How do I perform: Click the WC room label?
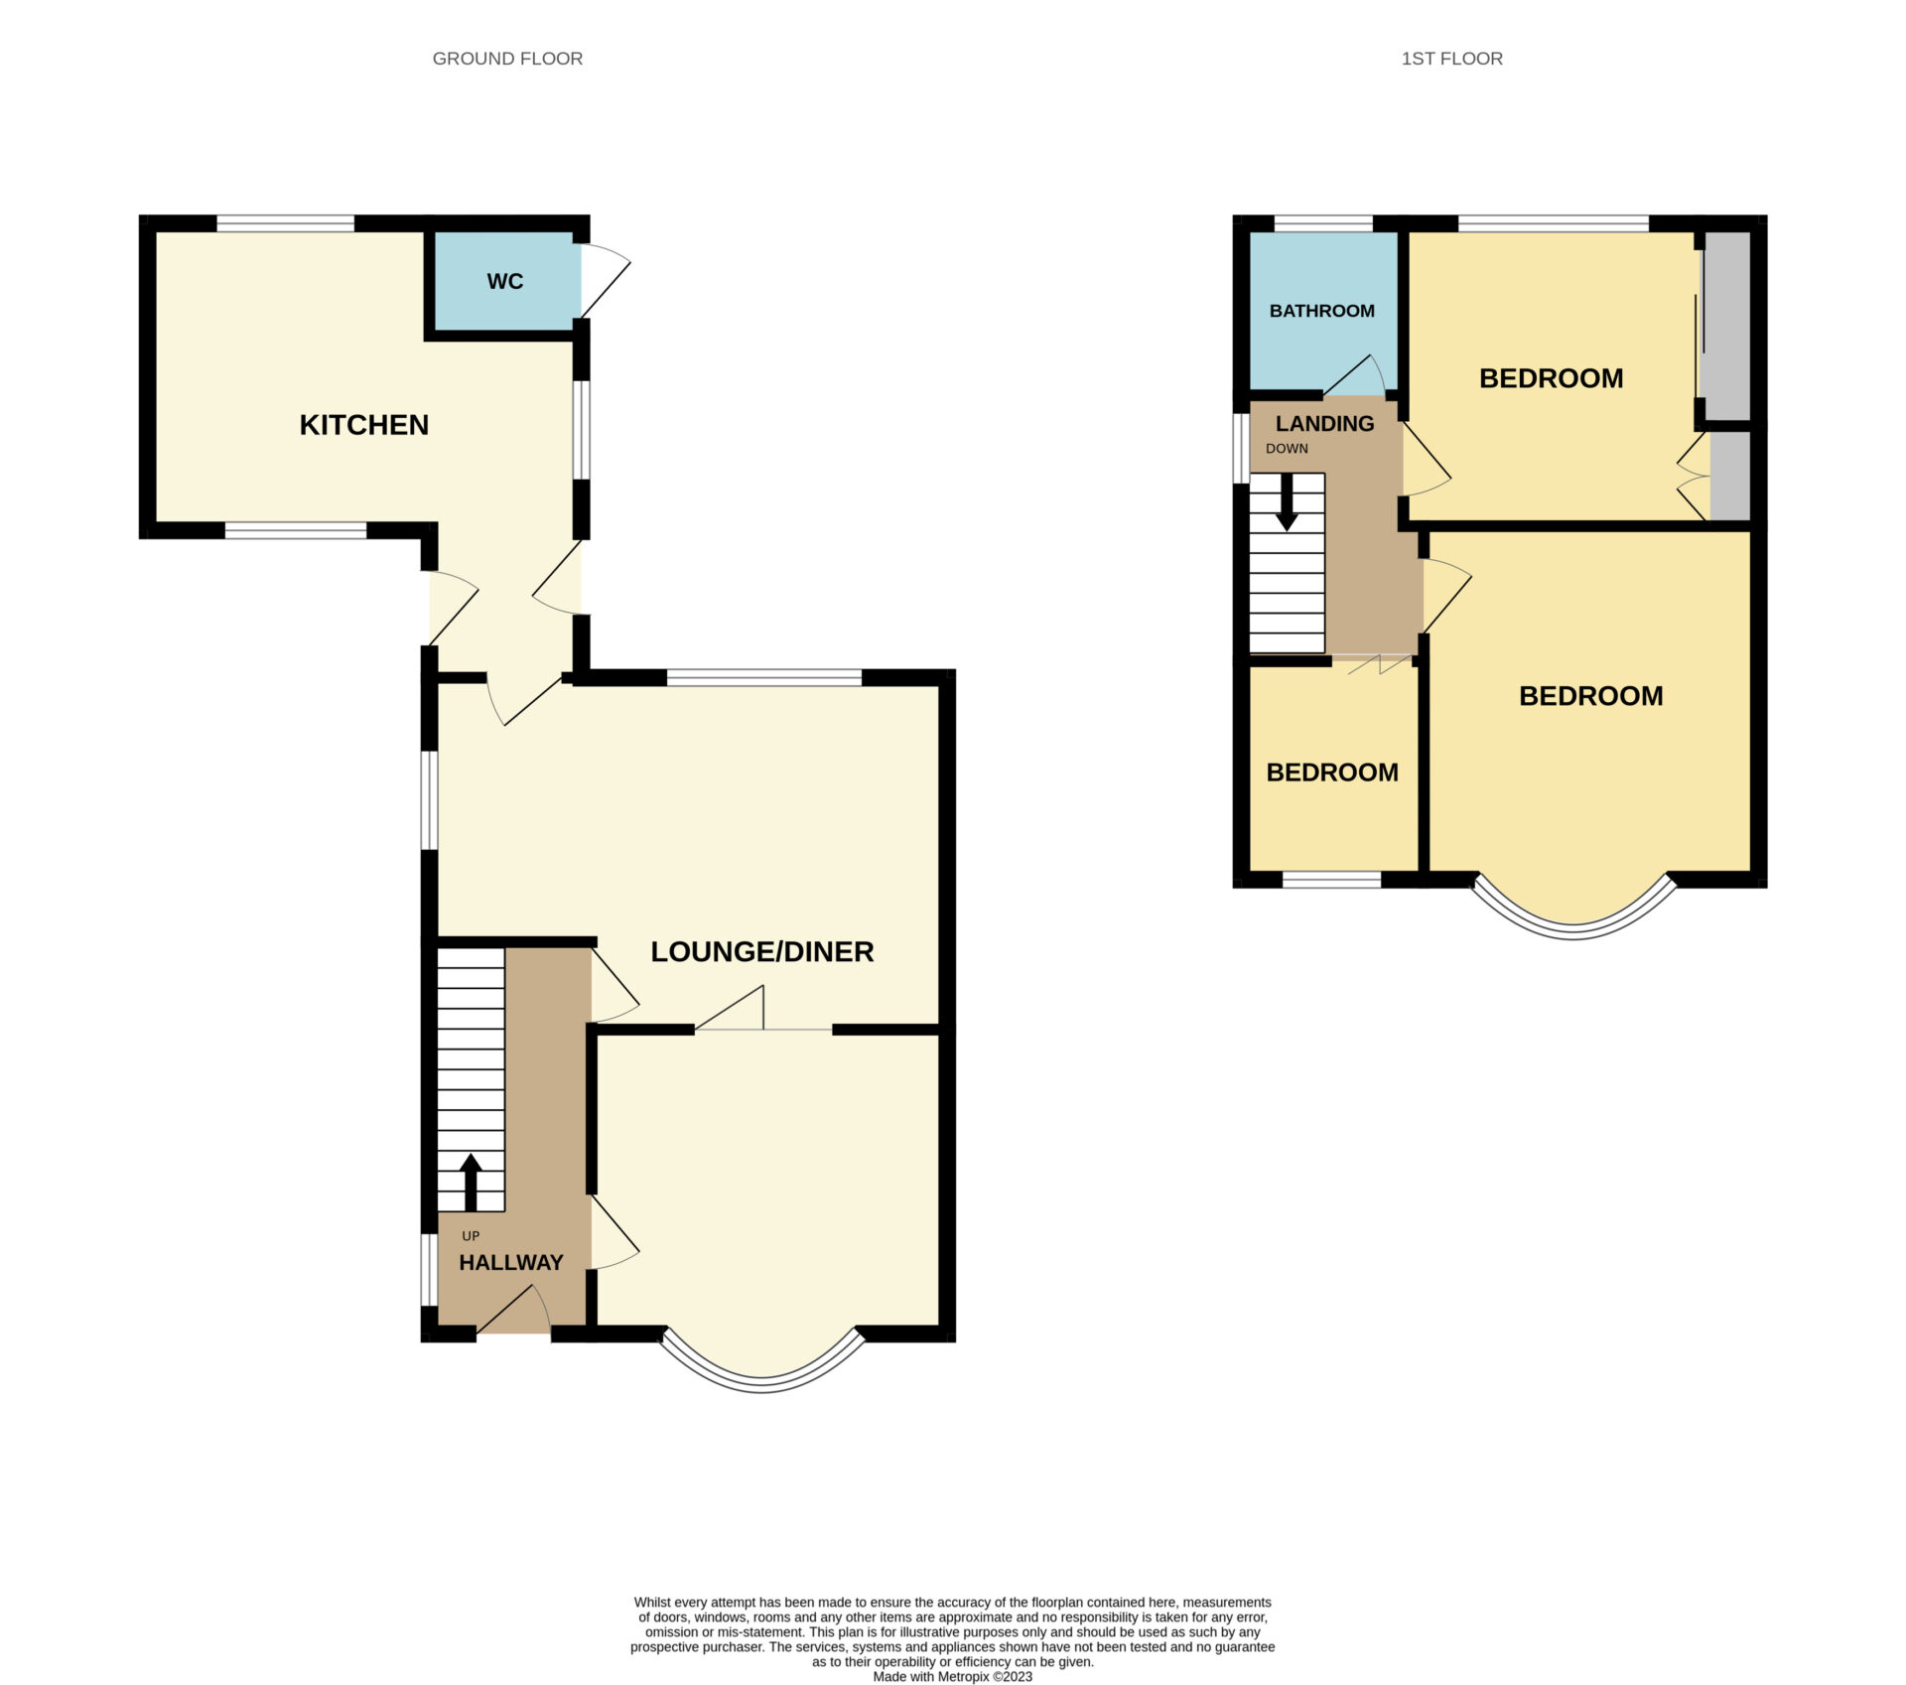pyautogui.click(x=504, y=282)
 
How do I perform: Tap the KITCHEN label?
pyautogui.click(x=364, y=425)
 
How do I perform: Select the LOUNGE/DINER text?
pyautogui.click(x=762, y=951)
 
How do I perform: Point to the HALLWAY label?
pyautogui.click(x=511, y=1262)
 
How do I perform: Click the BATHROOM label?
pyautogui.click(x=1322, y=311)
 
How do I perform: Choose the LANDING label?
pyautogui.click(x=1325, y=423)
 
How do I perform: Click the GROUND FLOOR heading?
pyautogui.click(x=507, y=59)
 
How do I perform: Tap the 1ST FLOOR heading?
pyautogui.click(x=1451, y=59)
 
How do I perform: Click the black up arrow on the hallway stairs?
pyautogui.click(x=471, y=1182)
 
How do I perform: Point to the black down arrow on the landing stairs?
pyautogui.click(x=1287, y=502)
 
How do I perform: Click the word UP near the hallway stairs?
pyautogui.click(x=471, y=1236)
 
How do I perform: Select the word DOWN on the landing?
pyautogui.click(x=1287, y=449)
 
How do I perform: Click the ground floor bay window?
pyautogui.click(x=762, y=1381)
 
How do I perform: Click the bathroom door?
pyautogui.click(x=1355, y=375)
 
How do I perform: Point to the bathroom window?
pyautogui.click(x=1323, y=223)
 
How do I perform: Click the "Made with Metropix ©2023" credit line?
pyautogui.click(x=953, y=1676)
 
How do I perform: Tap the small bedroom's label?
pyautogui.click(x=1332, y=772)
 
